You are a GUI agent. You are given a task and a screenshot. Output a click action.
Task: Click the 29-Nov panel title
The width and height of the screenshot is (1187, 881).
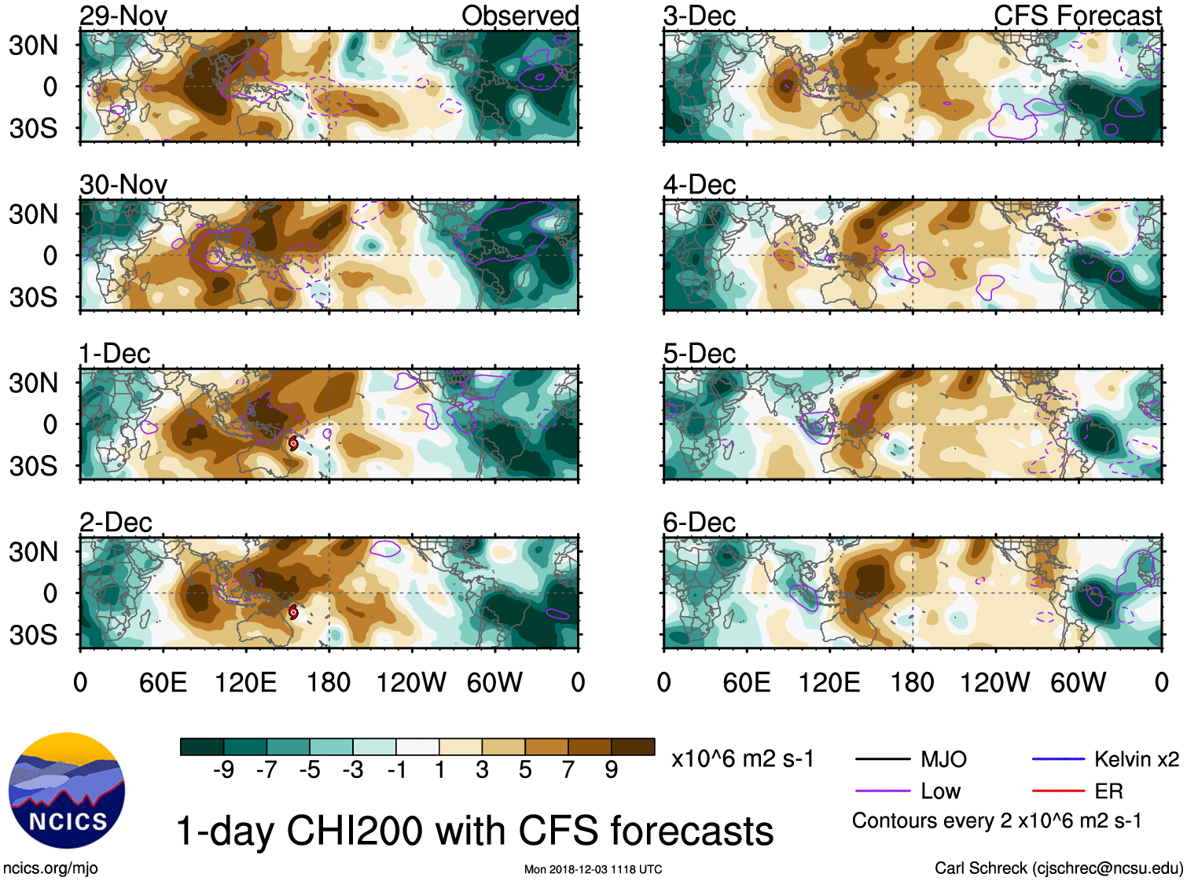tap(123, 16)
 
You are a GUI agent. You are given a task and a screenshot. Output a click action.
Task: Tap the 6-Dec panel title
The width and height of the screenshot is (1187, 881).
tap(699, 523)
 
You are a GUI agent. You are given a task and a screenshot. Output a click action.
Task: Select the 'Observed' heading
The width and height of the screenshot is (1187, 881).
tap(520, 16)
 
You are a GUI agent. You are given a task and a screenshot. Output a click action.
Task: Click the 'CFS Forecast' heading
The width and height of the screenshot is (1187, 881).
tap(1077, 16)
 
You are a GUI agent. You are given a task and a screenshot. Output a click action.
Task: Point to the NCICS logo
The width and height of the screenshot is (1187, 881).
tap(67, 790)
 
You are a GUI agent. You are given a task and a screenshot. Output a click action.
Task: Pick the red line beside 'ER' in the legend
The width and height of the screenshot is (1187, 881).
tap(1058, 791)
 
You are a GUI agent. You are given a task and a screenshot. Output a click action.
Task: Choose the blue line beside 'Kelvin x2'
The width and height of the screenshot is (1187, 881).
tap(1058, 759)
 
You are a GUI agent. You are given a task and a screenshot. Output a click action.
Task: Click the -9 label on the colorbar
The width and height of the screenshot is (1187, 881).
tap(223, 770)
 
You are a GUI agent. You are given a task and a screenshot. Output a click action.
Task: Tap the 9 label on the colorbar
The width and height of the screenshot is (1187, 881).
tap(612, 770)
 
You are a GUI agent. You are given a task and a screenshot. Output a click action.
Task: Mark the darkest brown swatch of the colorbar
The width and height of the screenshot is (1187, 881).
tap(633, 747)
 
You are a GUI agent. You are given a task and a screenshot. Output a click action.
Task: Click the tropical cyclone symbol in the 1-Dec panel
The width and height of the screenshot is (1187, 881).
tap(293, 443)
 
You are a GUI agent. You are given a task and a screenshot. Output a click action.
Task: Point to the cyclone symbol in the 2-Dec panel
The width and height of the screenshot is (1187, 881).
tap(293, 612)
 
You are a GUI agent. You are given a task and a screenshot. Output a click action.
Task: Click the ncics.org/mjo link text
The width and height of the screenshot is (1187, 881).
tap(50, 868)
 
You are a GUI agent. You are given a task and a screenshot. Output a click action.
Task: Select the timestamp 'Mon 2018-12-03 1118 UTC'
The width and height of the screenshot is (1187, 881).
tap(593, 869)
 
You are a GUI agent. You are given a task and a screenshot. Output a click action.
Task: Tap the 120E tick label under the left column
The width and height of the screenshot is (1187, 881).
tap(245, 682)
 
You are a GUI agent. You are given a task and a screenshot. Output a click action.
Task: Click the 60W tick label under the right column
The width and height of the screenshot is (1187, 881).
tap(1078, 682)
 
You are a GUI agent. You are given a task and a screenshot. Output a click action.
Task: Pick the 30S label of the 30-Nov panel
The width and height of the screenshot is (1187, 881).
tap(34, 297)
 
